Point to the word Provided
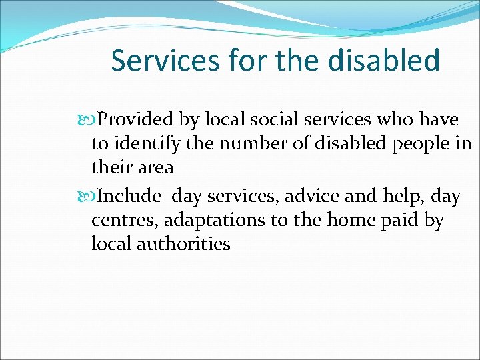136,119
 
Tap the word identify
147,143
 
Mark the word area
155,167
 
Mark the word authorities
183,244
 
